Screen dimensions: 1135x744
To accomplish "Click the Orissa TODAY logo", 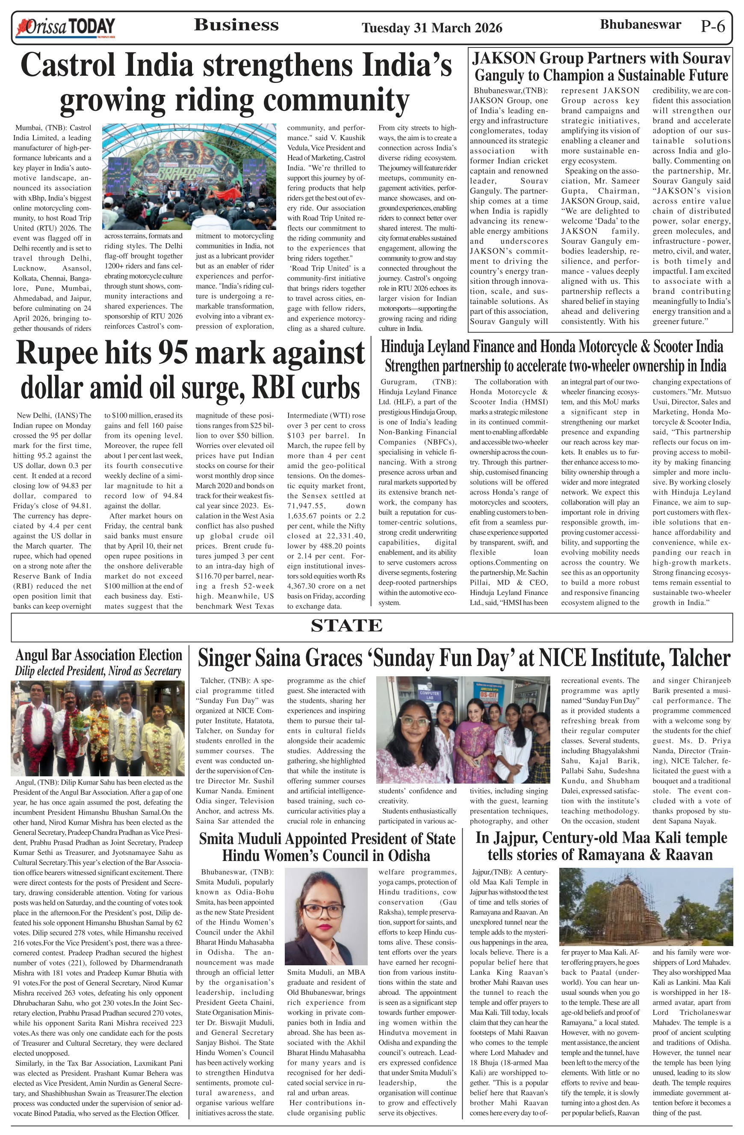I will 65,27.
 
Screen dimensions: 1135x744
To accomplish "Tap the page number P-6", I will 712,26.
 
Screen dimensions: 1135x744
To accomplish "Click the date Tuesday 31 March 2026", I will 431,28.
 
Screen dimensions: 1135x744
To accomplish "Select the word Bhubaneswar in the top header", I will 640,25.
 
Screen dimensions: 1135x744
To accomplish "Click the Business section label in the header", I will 236,25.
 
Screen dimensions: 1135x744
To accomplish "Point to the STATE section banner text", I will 346,625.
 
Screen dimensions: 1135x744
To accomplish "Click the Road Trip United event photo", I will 189,177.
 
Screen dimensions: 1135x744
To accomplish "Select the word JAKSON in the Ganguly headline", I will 504,58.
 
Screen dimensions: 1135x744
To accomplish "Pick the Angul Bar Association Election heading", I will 99,655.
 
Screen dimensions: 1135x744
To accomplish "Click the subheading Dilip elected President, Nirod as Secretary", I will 98,671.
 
